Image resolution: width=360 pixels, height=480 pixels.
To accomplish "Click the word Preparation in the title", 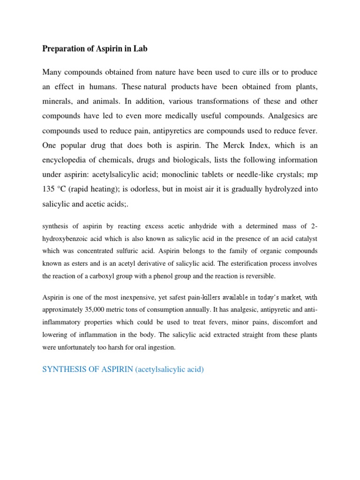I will [x=64, y=49].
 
